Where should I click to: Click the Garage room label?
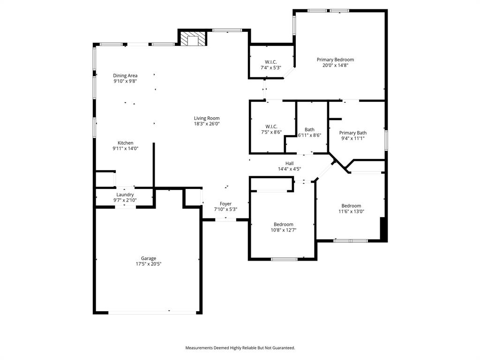(149, 258)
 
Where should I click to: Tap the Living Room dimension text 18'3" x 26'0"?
(207, 124)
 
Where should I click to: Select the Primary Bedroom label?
(335, 60)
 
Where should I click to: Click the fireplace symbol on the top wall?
(193, 39)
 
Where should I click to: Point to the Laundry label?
(125, 195)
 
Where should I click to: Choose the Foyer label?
(225, 204)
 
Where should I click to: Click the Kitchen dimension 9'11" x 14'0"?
(125, 149)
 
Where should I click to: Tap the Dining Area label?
(125, 75)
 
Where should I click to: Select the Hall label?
(289, 163)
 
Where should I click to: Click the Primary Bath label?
(353, 133)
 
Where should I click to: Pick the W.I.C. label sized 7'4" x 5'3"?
(270, 62)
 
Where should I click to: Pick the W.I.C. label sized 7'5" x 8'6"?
(271, 127)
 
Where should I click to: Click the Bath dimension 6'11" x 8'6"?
(309, 135)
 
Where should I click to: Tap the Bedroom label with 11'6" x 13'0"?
(351, 206)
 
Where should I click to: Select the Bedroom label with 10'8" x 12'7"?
(284, 224)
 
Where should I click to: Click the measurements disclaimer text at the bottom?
(240, 348)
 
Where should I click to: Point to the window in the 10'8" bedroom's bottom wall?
(284, 259)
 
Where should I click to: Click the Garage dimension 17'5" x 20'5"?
(149, 264)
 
